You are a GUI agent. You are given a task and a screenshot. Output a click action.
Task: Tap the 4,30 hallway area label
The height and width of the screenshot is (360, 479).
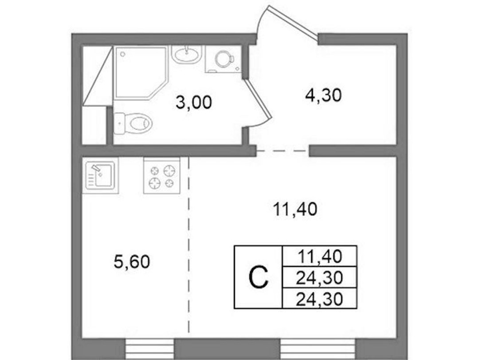(x=323, y=95)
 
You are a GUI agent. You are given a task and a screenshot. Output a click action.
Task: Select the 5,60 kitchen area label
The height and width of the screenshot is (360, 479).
(x=132, y=262)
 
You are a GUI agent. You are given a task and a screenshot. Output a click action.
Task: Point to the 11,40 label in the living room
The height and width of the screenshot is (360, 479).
(x=295, y=210)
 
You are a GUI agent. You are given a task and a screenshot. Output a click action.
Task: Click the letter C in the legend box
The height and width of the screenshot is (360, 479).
(x=259, y=277)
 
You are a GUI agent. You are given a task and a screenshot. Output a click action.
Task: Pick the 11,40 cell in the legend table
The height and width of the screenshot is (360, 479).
(x=319, y=256)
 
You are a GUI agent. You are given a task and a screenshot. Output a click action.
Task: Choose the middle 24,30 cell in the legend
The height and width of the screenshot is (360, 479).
(x=319, y=277)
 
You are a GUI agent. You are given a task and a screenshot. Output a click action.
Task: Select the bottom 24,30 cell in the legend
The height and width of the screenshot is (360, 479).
(x=319, y=298)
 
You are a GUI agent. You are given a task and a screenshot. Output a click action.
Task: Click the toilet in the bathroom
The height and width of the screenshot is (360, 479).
(x=133, y=123)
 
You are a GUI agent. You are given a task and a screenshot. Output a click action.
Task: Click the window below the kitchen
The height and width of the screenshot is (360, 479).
(x=150, y=349)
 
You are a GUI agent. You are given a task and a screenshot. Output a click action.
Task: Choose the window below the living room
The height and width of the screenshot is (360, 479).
(x=318, y=349)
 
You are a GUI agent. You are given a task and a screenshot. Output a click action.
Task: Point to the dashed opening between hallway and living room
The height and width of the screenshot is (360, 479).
(x=283, y=151)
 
